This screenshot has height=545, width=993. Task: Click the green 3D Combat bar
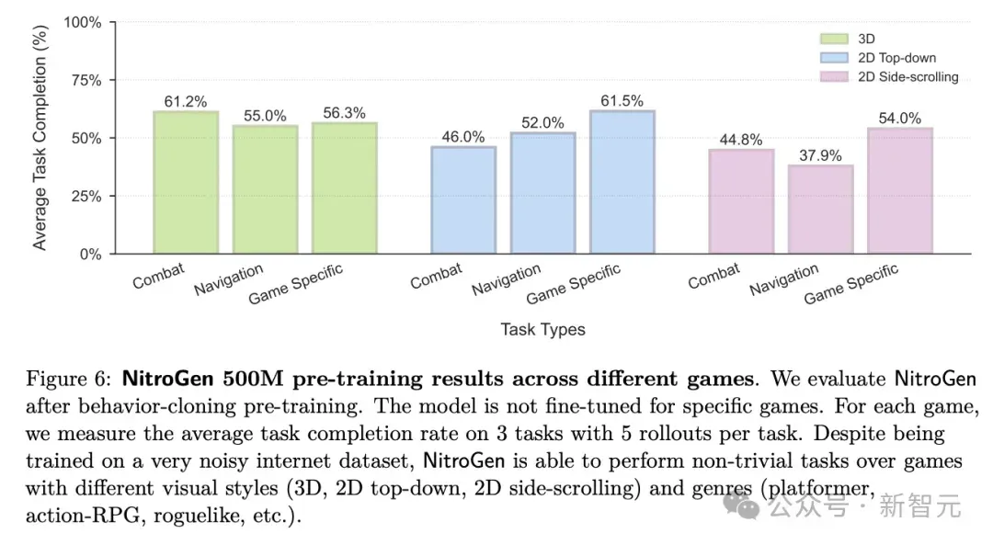(x=186, y=182)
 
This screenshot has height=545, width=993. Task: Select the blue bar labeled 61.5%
(x=622, y=182)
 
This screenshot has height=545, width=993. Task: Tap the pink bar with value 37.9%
(x=820, y=210)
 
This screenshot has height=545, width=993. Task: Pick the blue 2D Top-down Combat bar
(x=463, y=200)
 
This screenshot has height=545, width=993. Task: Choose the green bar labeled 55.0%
(x=266, y=189)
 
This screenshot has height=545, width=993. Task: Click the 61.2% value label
(x=186, y=101)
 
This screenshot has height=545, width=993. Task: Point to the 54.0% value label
(x=899, y=119)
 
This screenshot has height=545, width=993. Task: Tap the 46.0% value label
(x=462, y=137)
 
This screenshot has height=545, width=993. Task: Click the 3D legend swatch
(x=834, y=40)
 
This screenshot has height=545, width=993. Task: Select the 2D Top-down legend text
(x=896, y=58)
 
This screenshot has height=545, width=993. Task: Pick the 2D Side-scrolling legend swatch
(x=834, y=76)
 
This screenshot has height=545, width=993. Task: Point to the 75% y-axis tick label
(x=86, y=80)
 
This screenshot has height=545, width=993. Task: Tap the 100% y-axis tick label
(x=83, y=23)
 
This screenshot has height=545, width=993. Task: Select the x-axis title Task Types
(x=542, y=329)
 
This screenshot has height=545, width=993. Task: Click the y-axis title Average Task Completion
(x=40, y=137)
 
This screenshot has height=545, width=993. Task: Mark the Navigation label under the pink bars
(x=784, y=279)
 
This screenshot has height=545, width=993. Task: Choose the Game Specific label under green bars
(x=296, y=284)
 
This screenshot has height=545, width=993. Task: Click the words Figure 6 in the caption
(x=68, y=380)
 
